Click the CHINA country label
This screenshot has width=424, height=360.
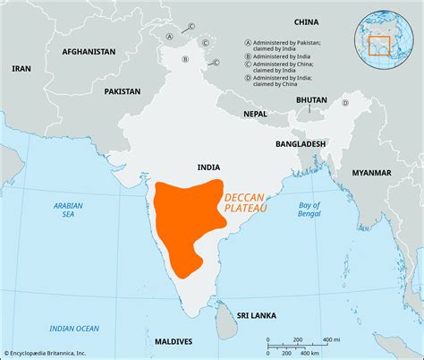307,21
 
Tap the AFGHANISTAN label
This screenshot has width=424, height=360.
89,52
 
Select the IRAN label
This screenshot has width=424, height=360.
21,68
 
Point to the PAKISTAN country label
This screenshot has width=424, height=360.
122,91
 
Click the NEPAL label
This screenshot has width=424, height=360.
255,114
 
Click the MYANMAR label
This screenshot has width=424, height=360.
371,172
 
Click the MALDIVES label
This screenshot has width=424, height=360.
172,342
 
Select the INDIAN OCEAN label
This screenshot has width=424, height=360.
74,329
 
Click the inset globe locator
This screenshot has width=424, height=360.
388,35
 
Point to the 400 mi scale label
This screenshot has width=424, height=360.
329,339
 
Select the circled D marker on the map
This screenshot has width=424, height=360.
343,103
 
